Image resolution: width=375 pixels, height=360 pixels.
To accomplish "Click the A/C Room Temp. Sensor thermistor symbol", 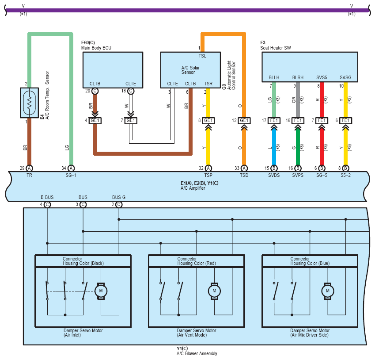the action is (30, 103).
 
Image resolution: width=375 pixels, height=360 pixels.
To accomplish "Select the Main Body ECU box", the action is (113, 70).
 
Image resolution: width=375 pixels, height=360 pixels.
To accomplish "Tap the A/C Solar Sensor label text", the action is (190, 70).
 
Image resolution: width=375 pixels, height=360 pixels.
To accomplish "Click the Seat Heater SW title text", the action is (276, 48).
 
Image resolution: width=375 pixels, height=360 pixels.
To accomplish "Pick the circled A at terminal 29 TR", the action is (30, 168).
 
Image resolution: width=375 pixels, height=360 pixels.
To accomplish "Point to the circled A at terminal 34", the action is (71, 168).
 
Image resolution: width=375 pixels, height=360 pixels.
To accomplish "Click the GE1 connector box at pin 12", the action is (244, 120).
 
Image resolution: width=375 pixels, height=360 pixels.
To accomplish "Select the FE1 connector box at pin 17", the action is (274, 120).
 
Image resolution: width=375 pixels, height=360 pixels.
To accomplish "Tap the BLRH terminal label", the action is (298, 77).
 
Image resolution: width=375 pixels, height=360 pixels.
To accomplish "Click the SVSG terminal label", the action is (345, 77).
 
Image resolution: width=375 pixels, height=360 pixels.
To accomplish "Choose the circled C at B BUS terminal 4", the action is (47, 205).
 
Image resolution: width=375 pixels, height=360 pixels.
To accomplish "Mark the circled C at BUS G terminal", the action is (119, 205).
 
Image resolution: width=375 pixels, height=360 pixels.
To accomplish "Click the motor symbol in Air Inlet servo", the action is (101, 291).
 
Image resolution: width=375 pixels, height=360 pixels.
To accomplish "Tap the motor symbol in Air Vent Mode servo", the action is (214, 291).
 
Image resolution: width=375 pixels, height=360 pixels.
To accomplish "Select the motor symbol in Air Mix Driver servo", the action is (328, 291).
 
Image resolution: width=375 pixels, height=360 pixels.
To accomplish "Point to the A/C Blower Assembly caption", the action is (197, 353).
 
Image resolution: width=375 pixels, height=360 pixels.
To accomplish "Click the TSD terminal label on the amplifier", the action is (244, 175).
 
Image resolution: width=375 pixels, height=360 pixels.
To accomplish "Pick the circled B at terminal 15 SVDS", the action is (274, 168).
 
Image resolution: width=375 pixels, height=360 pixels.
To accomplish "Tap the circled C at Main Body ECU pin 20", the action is (95, 91).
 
